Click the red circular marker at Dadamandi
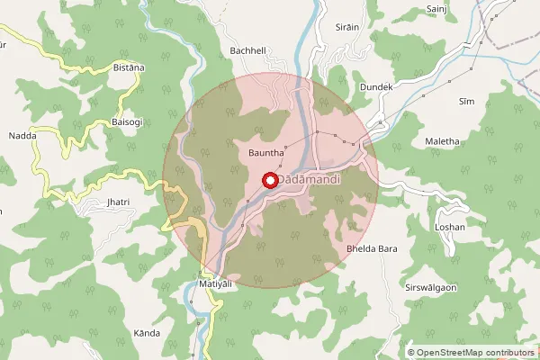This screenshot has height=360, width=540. pyautogui.click(x=269, y=180)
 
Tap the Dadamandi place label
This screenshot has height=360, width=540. pyautogui.click(x=309, y=181)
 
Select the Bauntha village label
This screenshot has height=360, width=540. pyautogui.click(x=266, y=154)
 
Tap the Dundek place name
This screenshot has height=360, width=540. pyautogui.click(x=377, y=86)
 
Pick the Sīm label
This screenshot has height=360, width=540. pyautogui.click(x=466, y=102)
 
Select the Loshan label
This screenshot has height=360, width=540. pyautogui.click(x=450, y=227)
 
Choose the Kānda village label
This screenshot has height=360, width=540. pyautogui.click(x=147, y=333)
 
